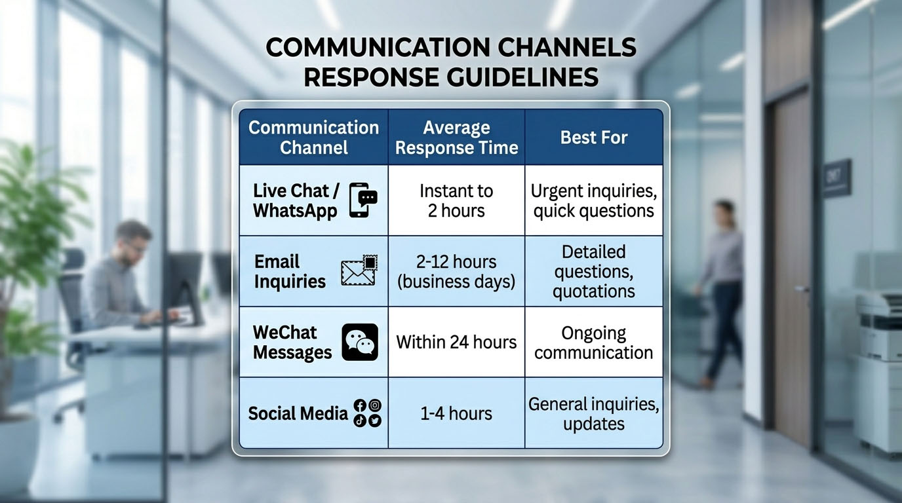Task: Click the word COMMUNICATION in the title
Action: point(378,47)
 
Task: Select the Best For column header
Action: point(594,138)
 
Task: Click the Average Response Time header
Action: point(457,138)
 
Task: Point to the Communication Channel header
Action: point(314,138)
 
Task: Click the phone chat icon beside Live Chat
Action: point(363,200)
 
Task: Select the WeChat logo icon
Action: point(360,342)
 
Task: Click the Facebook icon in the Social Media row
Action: point(360,405)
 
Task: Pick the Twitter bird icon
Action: point(375,420)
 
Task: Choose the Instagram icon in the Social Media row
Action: point(375,405)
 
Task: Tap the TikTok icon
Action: point(360,420)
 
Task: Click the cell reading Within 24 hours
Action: point(457,343)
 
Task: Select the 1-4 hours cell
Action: point(457,413)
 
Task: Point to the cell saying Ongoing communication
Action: point(594,343)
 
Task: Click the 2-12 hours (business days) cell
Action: point(457,272)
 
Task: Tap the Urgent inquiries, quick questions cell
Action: point(594,200)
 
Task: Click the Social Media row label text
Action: point(298,414)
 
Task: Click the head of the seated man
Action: point(133,242)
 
